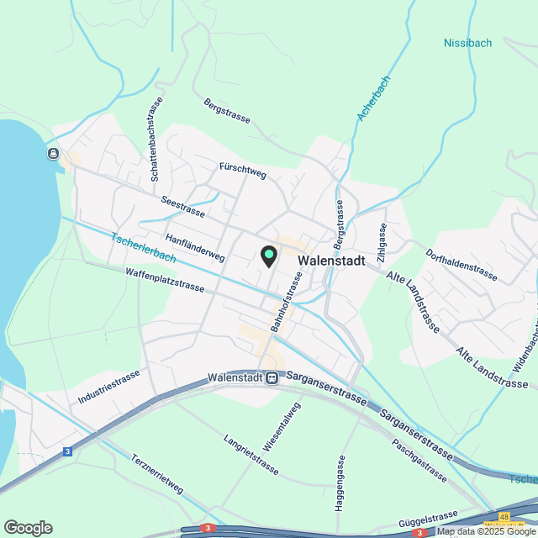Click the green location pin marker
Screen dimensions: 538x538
coord(268,256)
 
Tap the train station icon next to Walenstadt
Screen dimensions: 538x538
coord(272,378)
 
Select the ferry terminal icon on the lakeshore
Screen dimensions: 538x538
coord(53,153)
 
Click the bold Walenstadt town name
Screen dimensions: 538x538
coord(331,261)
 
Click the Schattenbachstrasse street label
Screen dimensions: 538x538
coord(156,140)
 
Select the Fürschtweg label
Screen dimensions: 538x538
coord(242,171)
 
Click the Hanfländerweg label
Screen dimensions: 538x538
coord(194,245)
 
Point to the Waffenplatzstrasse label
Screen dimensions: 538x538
coord(164,280)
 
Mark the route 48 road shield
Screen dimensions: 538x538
coord(503,518)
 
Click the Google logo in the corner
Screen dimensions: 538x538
coord(28,527)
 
